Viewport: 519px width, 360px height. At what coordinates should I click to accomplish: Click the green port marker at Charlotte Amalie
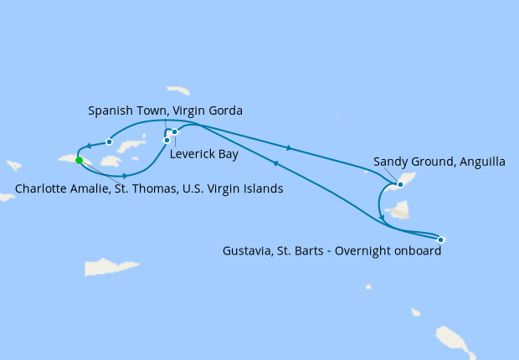(79, 160)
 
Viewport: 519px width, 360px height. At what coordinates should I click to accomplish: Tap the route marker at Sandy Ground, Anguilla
(400, 184)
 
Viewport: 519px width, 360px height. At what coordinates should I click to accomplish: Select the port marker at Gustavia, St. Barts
(440, 240)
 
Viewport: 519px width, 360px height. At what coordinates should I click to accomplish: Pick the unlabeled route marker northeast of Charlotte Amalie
(109, 141)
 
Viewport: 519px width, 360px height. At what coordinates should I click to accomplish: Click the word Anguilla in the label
(478, 162)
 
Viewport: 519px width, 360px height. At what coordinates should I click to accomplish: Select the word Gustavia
(249, 250)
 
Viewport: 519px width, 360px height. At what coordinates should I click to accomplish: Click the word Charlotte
(41, 189)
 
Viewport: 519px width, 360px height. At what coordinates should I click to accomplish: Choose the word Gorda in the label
(224, 111)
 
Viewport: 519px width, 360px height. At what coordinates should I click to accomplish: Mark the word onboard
(416, 250)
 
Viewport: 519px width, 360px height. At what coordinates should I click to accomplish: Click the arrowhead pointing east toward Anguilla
(290, 148)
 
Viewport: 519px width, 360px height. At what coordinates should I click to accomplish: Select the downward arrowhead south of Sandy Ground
(383, 219)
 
